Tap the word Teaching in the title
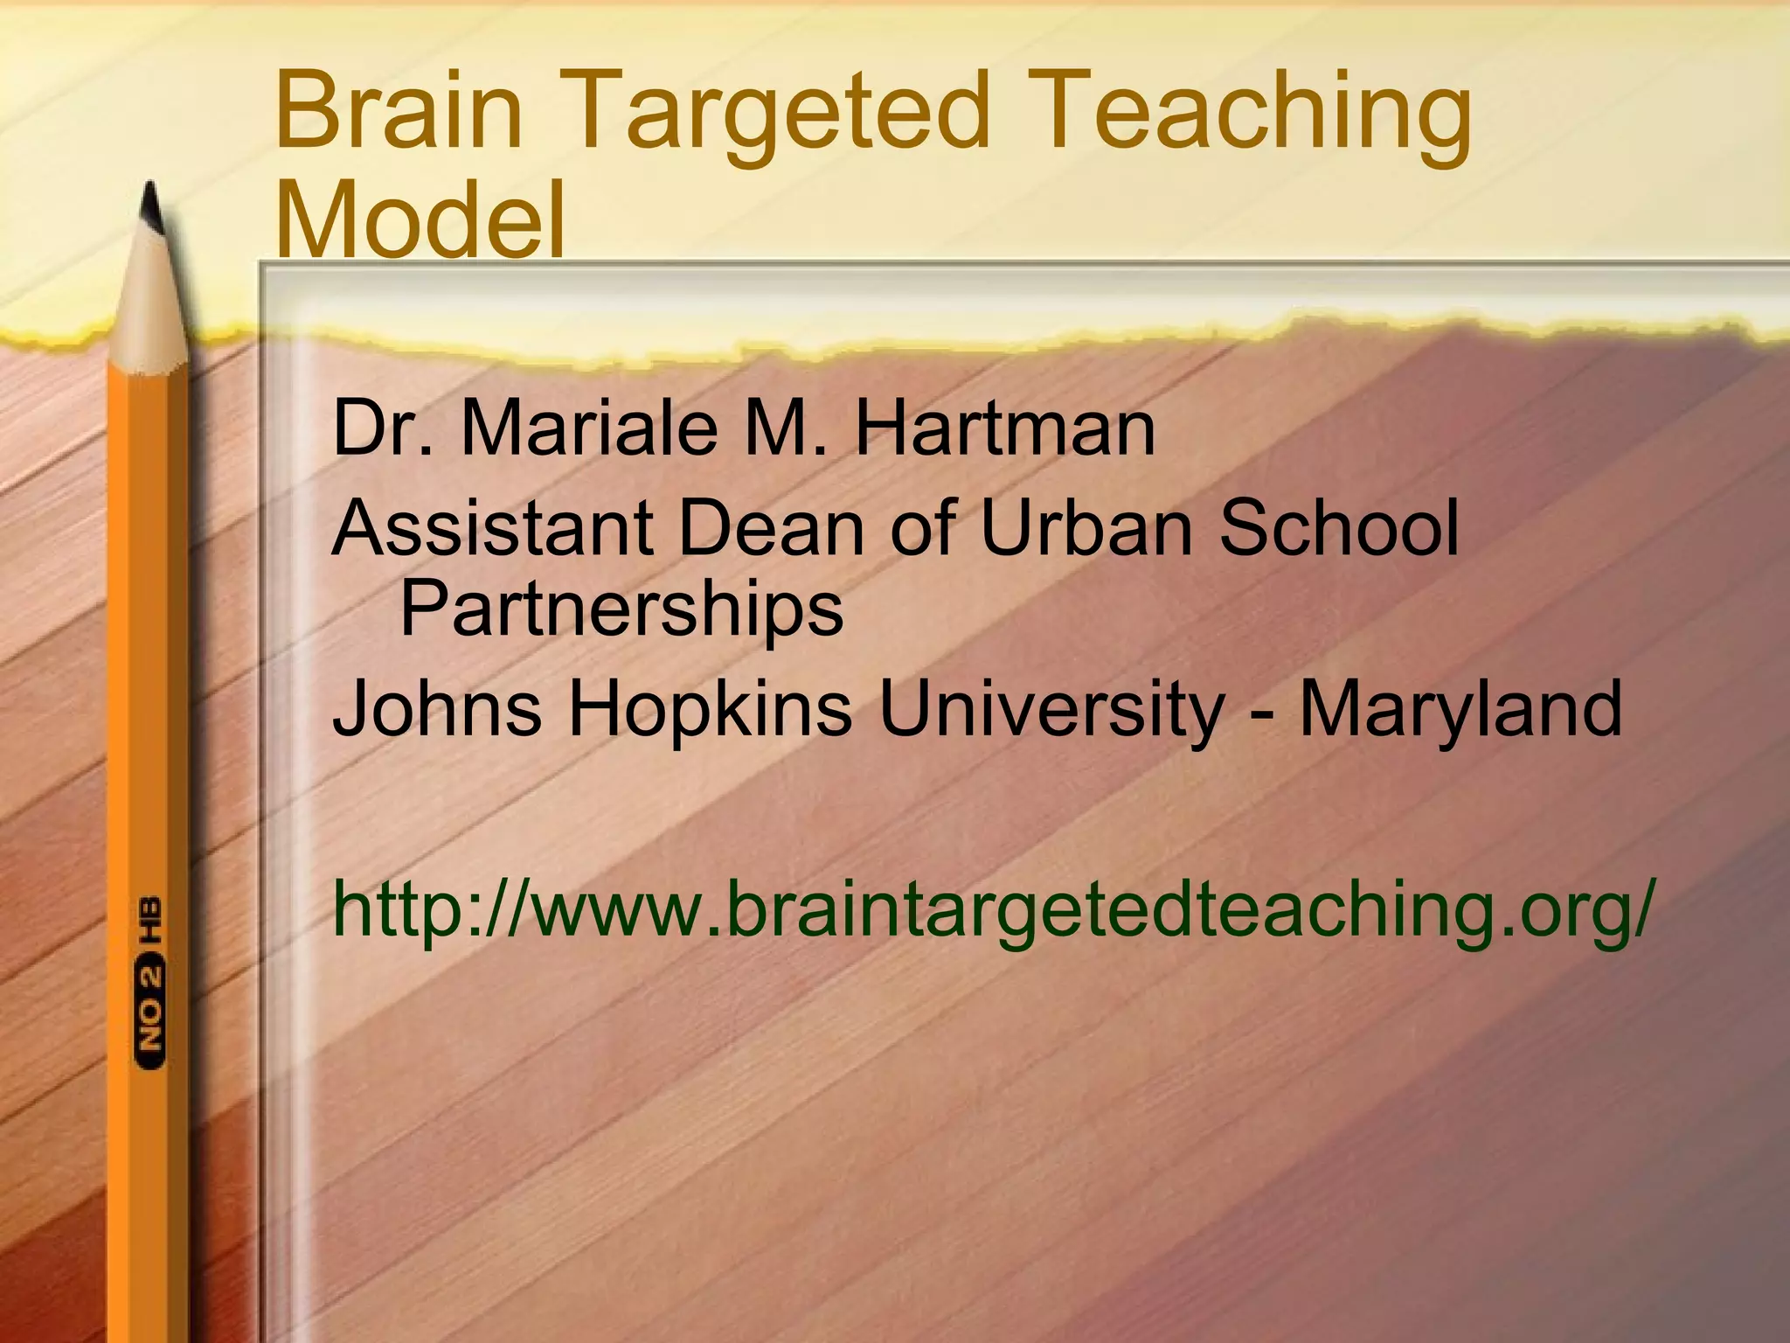(x=1259, y=118)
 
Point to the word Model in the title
(x=420, y=218)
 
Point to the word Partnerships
(x=621, y=610)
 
